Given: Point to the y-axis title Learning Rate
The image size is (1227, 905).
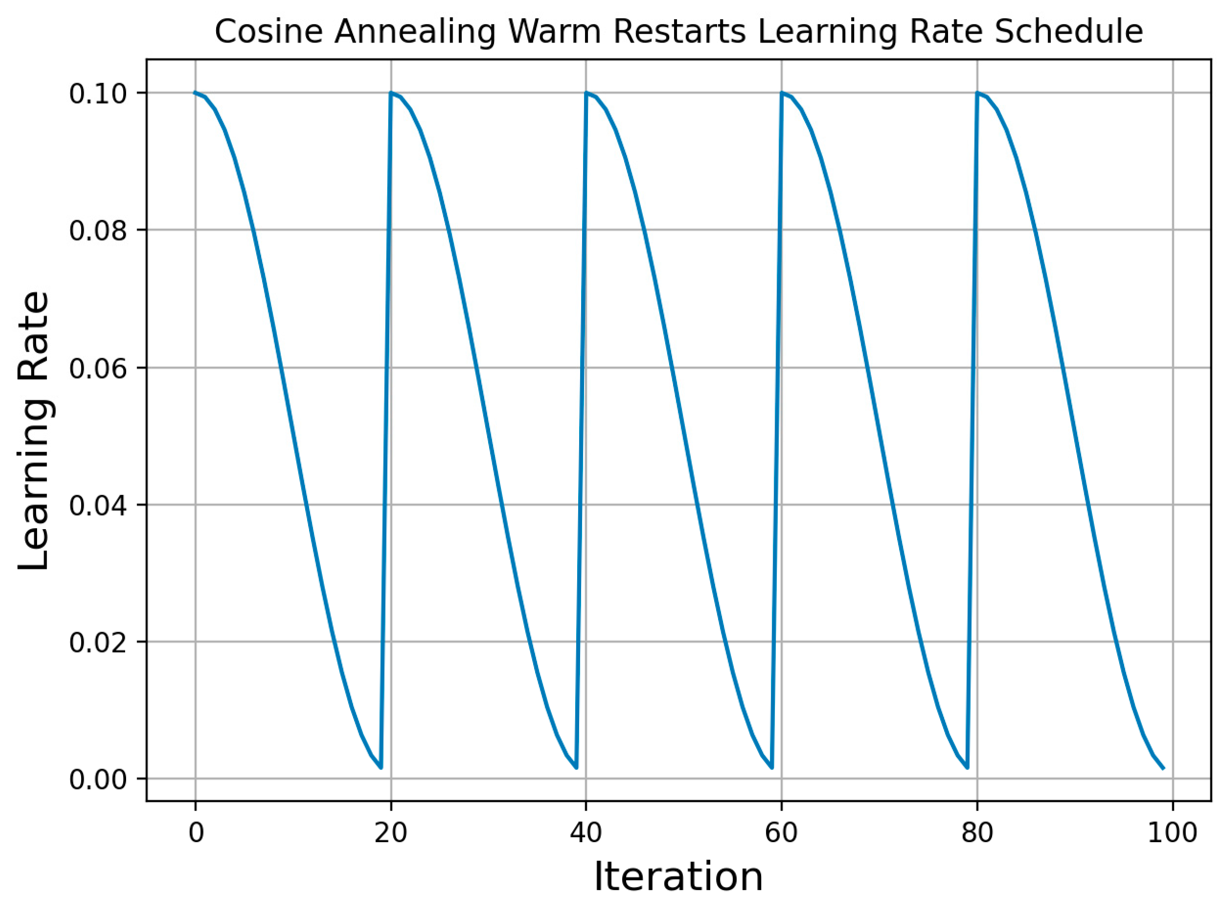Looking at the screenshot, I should (x=34, y=431).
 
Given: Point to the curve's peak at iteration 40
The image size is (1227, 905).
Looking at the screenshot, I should (x=586, y=92).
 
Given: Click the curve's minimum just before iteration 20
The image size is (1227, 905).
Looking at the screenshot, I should (x=381, y=768).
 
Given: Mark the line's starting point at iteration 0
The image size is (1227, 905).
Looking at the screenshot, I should (x=195, y=92).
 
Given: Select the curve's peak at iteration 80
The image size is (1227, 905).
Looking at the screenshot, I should (x=977, y=92).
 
